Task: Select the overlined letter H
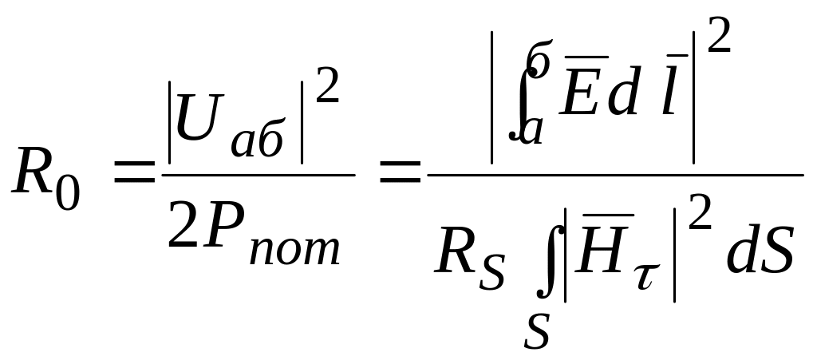click(x=606, y=251)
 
